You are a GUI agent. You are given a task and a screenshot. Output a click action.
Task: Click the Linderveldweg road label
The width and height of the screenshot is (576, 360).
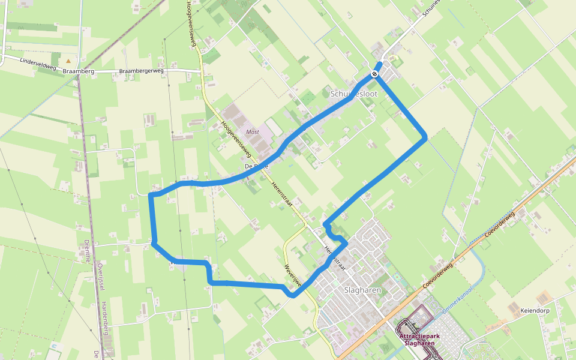38,64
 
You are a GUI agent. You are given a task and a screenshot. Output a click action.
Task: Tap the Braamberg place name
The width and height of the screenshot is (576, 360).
79,71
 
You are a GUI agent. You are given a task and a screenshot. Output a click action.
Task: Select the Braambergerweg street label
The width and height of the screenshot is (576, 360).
141,71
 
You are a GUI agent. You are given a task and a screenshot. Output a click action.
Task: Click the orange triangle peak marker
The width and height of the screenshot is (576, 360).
68,61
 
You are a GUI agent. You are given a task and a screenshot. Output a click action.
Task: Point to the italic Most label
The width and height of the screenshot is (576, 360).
253,131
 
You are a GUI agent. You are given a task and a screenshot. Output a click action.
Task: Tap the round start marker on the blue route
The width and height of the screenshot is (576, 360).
374,74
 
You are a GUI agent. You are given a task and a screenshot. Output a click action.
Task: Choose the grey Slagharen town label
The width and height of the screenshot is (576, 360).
363,290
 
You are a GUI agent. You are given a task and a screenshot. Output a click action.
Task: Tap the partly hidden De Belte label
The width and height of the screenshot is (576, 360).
256,166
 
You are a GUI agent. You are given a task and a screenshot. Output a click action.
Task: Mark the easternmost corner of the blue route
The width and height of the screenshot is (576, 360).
425,138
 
